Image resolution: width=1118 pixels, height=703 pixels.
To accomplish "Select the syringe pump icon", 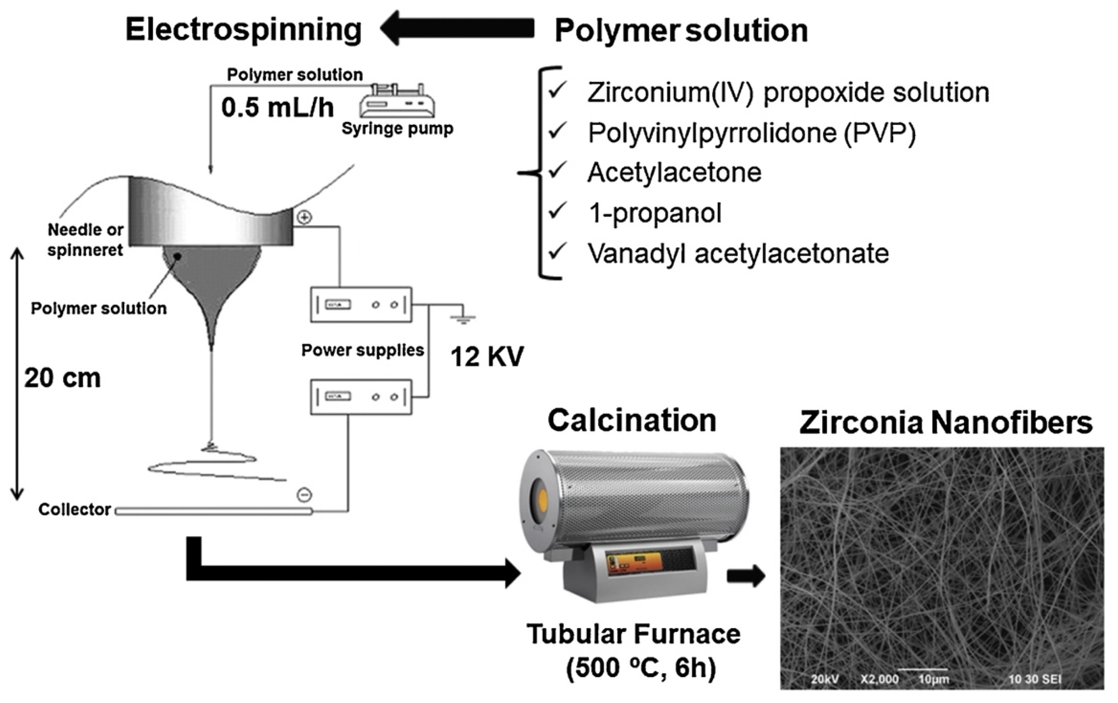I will [397, 102].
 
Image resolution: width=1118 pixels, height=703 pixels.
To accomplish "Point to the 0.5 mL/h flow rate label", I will [277, 108].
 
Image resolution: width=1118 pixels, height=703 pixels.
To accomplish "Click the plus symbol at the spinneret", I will [304, 217].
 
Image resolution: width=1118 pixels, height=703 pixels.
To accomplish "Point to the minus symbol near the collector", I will [304, 495].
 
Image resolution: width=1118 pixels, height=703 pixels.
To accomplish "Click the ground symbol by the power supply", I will [462, 318].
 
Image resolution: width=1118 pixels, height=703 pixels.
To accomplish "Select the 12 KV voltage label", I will [487, 357].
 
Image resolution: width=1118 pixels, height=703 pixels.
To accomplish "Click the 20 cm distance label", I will [62, 378].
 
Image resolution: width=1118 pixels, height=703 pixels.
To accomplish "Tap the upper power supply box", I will [361, 305].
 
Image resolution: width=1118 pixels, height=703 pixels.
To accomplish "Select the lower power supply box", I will [361, 397].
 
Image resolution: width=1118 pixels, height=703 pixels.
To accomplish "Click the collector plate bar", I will [214, 511].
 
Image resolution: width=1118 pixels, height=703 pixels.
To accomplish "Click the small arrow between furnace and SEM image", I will [746, 576].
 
